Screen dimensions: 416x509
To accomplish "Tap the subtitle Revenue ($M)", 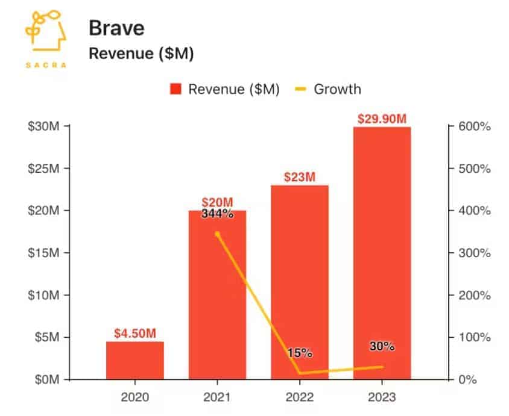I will [141, 54].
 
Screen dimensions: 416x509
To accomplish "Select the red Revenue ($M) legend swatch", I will [176, 90].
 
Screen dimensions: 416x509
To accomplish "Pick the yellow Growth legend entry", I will [330, 90].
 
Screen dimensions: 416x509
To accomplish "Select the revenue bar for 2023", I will [382, 253].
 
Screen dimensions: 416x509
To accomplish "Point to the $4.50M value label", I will [135, 333].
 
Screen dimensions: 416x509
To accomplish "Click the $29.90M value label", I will [382, 118].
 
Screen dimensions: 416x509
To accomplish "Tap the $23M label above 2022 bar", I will [300, 177].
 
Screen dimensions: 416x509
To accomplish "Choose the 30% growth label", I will [382, 346].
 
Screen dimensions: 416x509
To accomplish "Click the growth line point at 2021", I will [217, 234].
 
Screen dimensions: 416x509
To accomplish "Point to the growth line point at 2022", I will [300, 373].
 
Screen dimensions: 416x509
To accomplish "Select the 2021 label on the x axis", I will [217, 397].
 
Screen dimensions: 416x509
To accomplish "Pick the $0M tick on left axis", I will [46, 380].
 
